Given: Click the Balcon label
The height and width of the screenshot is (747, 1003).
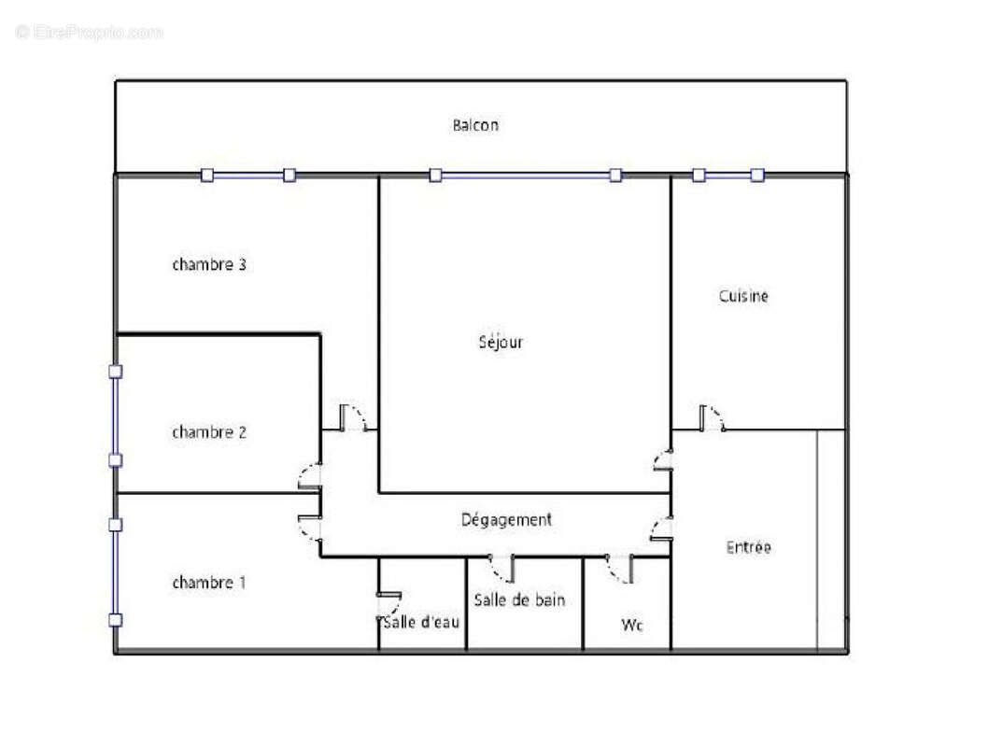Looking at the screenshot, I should pyautogui.click(x=475, y=125).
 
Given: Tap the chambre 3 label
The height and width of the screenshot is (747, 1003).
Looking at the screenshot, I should pyautogui.click(x=209, y=264).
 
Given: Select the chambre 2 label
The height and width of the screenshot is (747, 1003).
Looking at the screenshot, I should pyautogui.click(x=209, y=432).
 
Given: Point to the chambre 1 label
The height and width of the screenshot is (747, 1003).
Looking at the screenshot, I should pyautogui.click(x=209, y=583).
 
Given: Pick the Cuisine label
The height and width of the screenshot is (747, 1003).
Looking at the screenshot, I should pyautogui.click(x=743, y=296).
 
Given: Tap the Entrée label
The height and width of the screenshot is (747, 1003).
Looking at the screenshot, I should pyautogui.click(x=748, y=547).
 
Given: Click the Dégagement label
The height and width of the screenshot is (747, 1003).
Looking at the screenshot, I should pyautogui.click(x=506, y=519).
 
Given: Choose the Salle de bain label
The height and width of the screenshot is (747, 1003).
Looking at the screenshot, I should pyautogui.click(x=519, y=599).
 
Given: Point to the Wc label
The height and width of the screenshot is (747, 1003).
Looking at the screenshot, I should pyautogui.click(x=632, y=625).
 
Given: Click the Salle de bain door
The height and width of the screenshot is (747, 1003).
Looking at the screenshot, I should pyautogui.click(x=501, y=567).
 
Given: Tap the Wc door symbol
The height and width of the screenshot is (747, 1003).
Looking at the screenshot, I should pyautogui.click(x=620, y=569).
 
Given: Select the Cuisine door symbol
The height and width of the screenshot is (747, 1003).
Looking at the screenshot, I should pyautogui.click(x=712, y=418).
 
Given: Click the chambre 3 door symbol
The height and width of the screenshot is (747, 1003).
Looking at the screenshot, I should pyautogui.click(x=353, y=417).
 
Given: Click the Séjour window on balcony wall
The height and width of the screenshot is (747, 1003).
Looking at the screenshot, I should pyautogui.click(x=525, y=175).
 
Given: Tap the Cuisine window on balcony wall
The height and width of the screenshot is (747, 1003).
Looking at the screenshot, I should pyautogui.click(x=728, y=175).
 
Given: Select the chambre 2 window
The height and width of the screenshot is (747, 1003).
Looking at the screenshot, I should pyautogui.click(x=115, y=416).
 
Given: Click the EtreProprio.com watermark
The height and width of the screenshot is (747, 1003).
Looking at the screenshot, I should pyautogui.click(x=90, y=33).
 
